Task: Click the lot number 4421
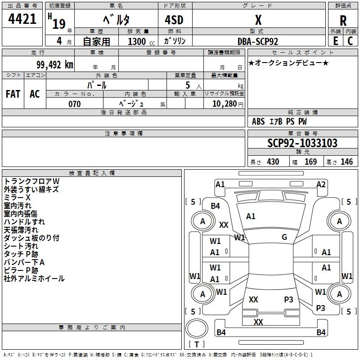tap(22, 19)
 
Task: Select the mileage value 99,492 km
tap(55, 65)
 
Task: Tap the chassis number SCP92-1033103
tap(302, 143)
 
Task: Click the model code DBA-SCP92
tap(258, 41)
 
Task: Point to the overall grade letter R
tap(343, 21)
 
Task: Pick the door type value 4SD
tap(174, 20)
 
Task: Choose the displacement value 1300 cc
tap(141, 41)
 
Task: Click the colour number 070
tap(75, 104)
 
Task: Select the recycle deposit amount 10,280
tap(225, 104)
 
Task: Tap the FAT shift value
tap(13, 94)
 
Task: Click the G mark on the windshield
tap(284, 237)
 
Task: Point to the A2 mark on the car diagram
tap(321, 184)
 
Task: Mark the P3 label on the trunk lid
tap(288, 299)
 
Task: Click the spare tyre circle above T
tap(197, 328)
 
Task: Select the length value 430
tap(273, 162)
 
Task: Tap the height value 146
tap(346, 162)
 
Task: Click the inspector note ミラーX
tap(17, 198)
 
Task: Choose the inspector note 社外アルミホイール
tap(34, 279)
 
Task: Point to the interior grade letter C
tap(350, 41)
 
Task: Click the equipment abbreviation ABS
tap(258, 121)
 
